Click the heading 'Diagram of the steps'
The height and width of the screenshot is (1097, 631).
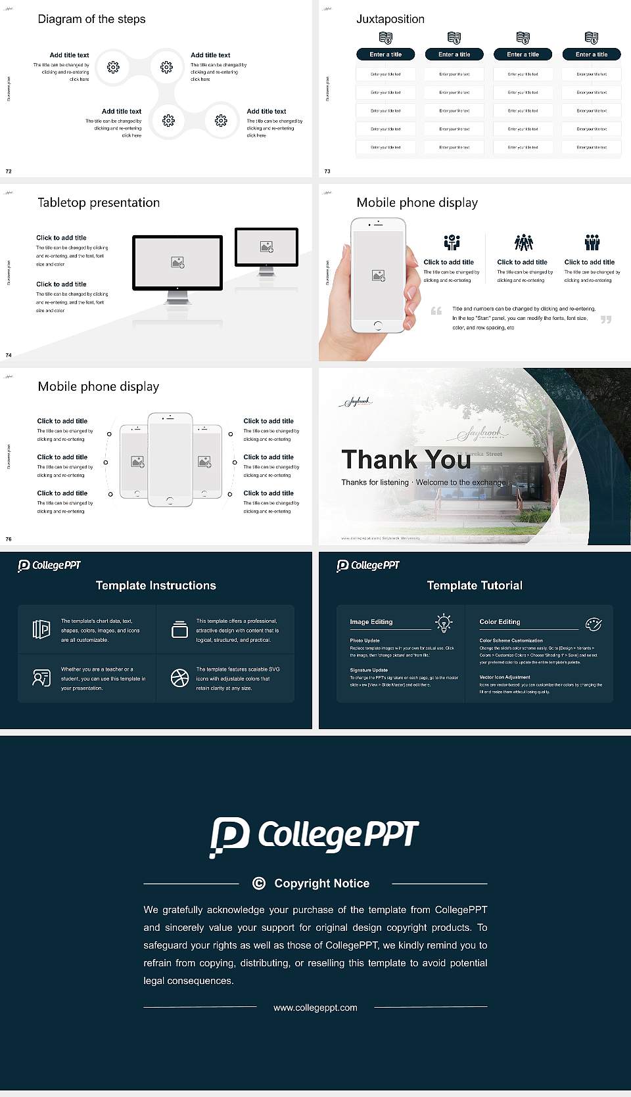91,19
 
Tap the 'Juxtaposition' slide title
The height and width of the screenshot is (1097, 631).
390,19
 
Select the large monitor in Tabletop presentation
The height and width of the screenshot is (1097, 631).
177,263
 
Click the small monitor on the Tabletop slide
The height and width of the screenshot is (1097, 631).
266,247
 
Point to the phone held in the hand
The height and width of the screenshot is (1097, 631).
377,275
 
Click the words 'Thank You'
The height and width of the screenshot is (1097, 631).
406,459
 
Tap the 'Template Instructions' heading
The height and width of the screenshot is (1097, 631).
156,585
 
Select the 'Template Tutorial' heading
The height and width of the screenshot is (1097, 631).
475,585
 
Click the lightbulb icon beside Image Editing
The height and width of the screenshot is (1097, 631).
444,623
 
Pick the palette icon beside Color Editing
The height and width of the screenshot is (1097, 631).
593,624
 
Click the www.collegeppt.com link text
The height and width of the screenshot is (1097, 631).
315,1008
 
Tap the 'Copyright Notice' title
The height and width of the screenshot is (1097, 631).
321,884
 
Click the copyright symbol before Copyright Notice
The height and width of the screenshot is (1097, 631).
259,884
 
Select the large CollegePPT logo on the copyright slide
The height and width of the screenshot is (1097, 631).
314,836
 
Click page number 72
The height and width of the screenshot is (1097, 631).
9,171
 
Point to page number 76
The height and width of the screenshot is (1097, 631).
9,539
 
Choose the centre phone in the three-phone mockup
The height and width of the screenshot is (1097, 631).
170,460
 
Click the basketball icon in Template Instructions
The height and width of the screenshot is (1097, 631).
179,678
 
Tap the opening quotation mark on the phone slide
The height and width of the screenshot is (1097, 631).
436,311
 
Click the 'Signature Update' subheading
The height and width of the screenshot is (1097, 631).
369,670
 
